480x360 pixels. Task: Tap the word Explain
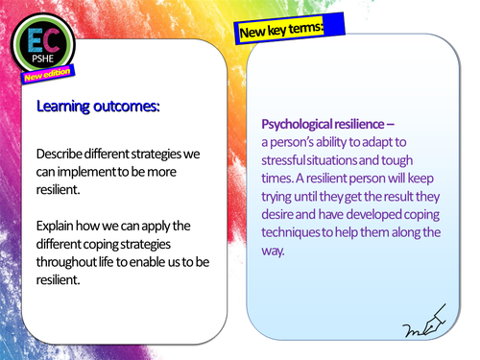tap(57, 226)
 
